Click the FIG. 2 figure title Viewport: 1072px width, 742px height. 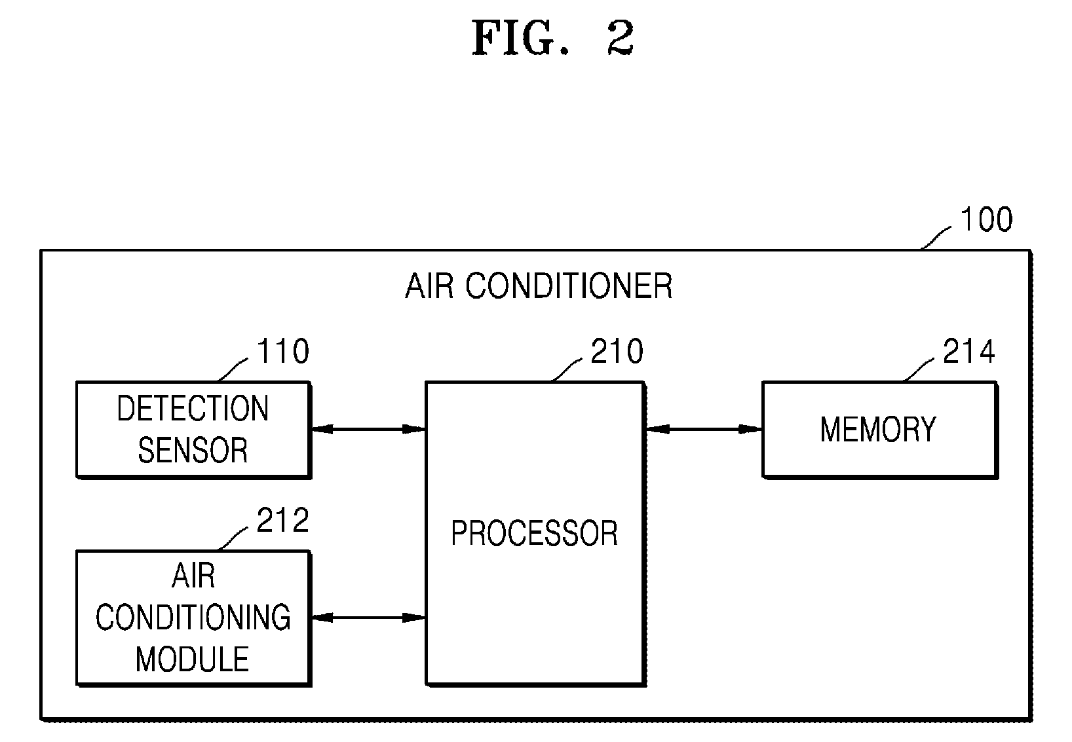[x=553, y=38]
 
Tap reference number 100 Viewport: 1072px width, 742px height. [x=986, y=219]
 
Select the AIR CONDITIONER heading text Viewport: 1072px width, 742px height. [x=539, y=286]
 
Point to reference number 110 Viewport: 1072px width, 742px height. [x=283, y=351]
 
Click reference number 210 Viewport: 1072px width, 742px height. [x=617, y=351]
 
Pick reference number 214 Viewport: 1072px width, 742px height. [x=969, y=351]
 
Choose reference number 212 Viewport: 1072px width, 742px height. [x=283, y=520]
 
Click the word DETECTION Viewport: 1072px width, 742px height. [x=193, y=408]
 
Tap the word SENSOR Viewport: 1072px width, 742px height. [x=193, y=450]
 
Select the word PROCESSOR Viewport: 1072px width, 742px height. [x=535, y=533]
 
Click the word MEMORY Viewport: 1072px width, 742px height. [x=878, y=429]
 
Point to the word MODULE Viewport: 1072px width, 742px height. [x=193, y=659]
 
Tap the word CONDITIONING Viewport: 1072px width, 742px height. [x=193, y=617]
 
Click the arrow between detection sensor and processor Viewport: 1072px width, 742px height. [x=368, y=429]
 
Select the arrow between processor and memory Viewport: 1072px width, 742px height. [x=704, y=429]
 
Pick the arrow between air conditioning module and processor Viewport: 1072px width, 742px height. [x=368, y=618]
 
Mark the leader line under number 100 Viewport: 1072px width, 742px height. [x=936, y=238]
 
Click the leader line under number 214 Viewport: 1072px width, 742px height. [x=918, y=370]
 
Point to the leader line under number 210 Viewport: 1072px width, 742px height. [x=566, y=370]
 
